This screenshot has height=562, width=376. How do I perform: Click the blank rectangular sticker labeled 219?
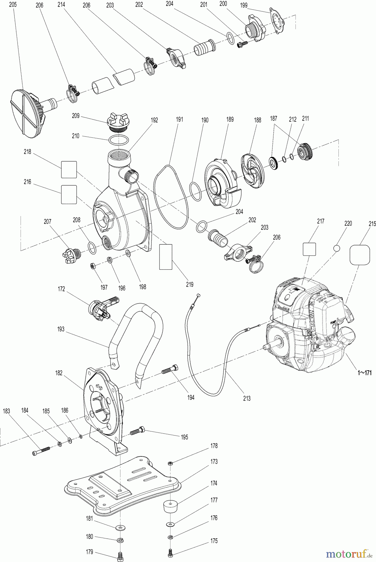166,257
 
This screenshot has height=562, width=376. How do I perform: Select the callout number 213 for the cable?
247,398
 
